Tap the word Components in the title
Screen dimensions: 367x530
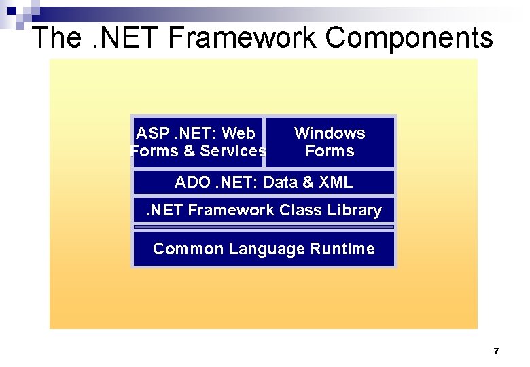(x=409, y=37)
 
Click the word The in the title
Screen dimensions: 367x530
(x=56, y=37)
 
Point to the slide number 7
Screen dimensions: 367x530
(x=496, y=351)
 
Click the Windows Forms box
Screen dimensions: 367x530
(x=330, y=142)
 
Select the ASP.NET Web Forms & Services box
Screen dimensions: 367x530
(x=197, y=142)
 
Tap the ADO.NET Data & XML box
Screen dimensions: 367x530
(x=264, y=182)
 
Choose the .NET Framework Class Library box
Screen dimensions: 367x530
(x=264, y=211)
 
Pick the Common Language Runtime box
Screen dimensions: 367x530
(x=264, y=249)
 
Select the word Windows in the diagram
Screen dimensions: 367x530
(x=330, y=133)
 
